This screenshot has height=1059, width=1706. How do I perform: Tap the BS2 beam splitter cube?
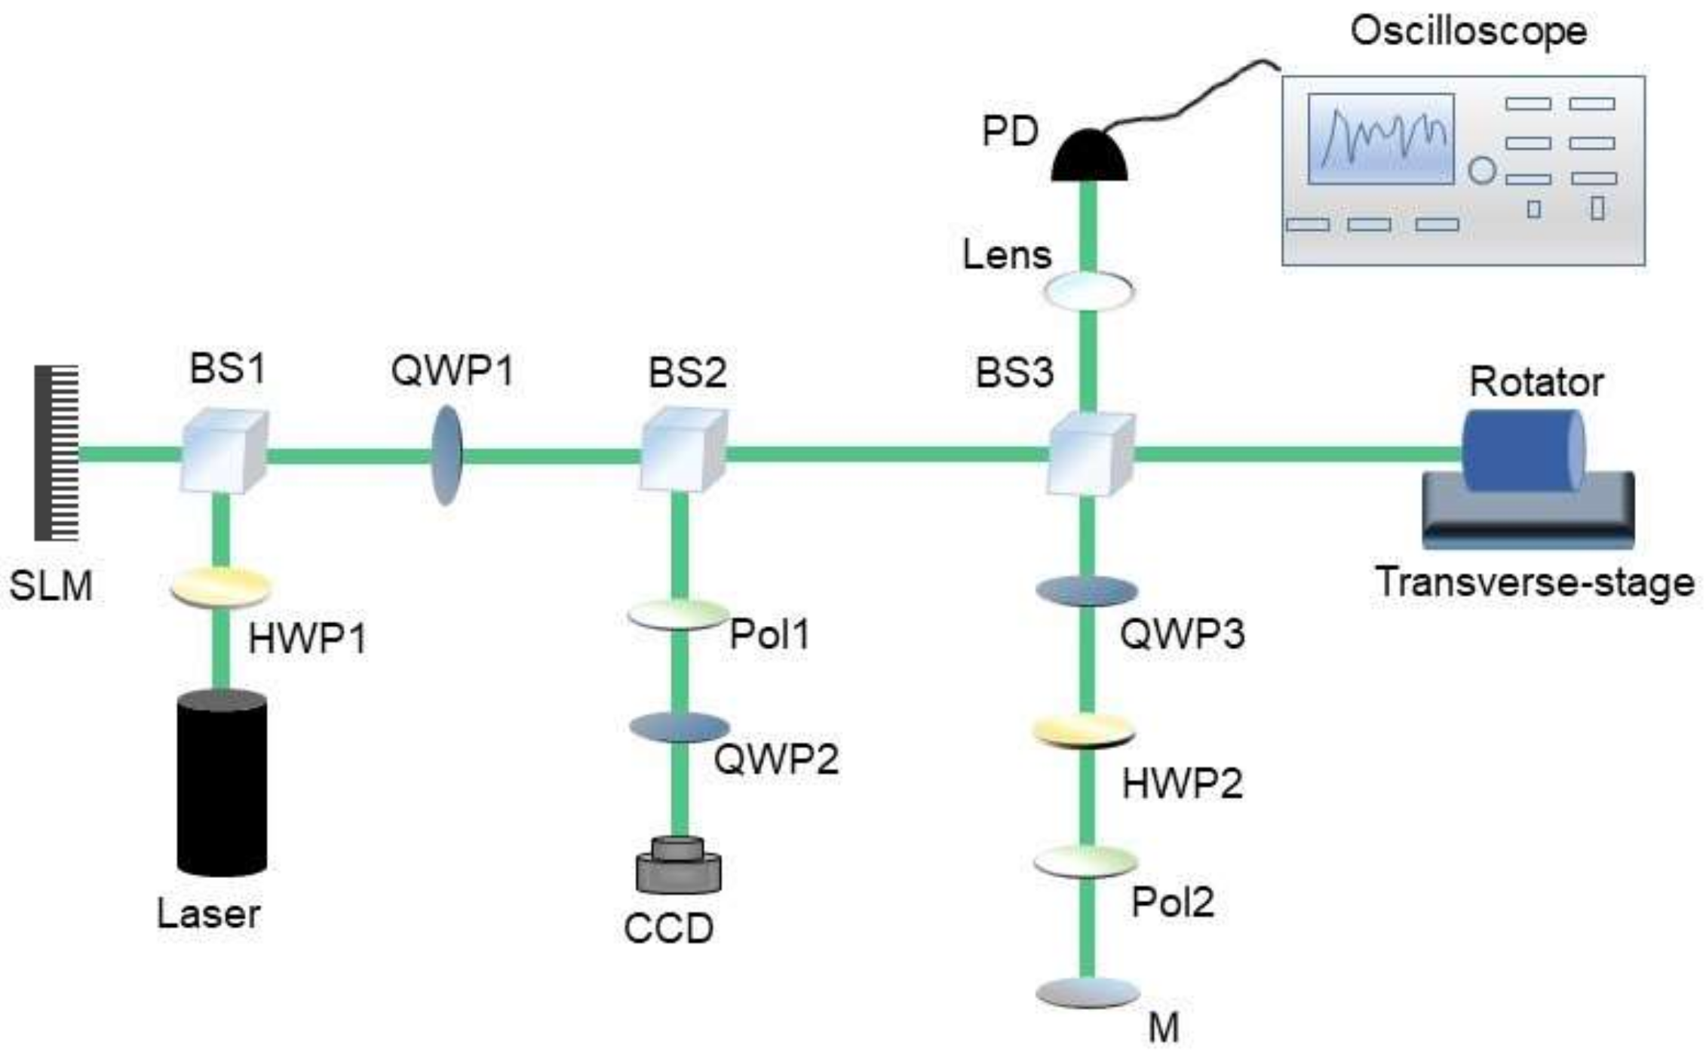[x=683, y=450]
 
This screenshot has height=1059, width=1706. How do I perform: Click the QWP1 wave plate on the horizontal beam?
[x=446, y=455]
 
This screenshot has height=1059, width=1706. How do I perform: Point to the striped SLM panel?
[x=57, y=453]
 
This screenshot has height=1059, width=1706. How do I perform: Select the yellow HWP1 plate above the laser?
[x=220, y=587]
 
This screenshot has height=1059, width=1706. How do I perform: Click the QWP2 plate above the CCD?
[x=680, y=727]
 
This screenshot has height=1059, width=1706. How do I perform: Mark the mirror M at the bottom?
[x=1087, y=993]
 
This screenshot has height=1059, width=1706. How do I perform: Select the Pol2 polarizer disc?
[x=1085, y=861]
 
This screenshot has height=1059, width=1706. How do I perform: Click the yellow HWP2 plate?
[x=1084, y=730]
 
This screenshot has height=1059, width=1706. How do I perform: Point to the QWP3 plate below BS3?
[x=1086, y=591]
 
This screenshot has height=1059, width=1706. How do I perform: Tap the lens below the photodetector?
[x=1088, y=290]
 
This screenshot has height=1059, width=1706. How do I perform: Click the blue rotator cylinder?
[x=1522, y=450]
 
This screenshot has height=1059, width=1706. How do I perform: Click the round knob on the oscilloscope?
[x=1481, y=171]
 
